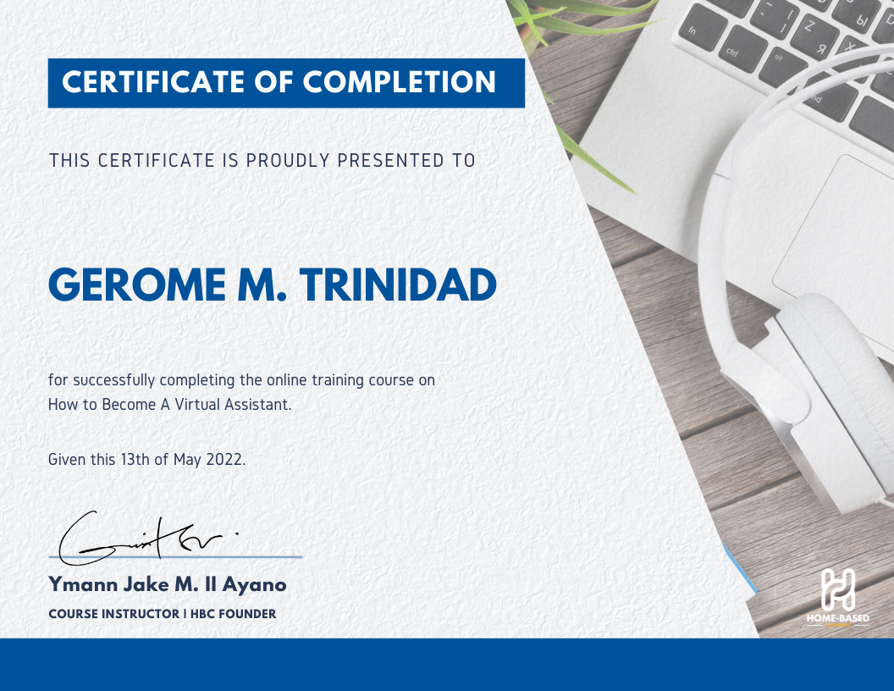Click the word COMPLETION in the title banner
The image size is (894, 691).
tap(400, 82)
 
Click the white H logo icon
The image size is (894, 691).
tap(837, 589)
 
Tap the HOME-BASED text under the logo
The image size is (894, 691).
tap(837, 618)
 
